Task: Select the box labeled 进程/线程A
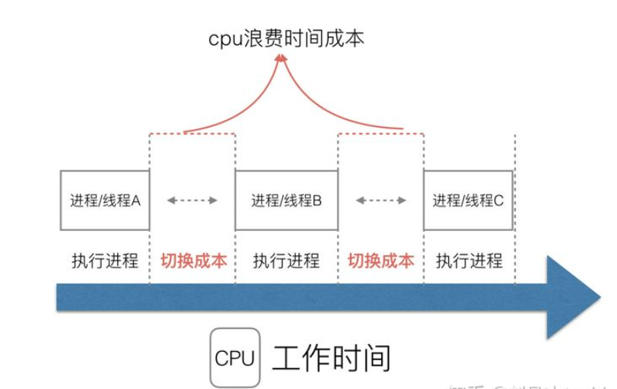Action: tap(106, 201)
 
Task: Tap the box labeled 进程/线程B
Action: tap(287, 201)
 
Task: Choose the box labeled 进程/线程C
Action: tap(468, 201)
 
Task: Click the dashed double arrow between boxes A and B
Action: tap(192, 201)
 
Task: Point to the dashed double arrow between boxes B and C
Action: tap(381, 201)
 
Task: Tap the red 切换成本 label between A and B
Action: tap(193, 261)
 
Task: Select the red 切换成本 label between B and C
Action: tap(381, 261)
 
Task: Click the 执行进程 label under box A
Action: tap(106, 261)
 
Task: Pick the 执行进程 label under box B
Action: tap(287, 261)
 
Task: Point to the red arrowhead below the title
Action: tap(281, 59)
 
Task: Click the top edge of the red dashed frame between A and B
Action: tap(192, 134)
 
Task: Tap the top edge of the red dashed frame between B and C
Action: tap(381, 134)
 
